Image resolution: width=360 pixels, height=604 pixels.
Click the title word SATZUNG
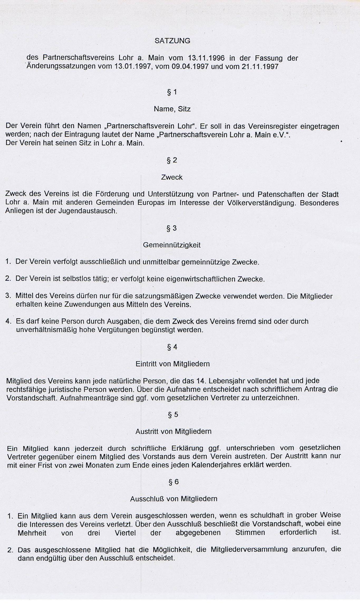click(172, 41)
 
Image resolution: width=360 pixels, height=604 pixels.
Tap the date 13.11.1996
click(206, 58)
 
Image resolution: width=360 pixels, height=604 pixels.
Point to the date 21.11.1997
click(260, 66)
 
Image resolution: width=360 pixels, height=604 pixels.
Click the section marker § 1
click(172, 92)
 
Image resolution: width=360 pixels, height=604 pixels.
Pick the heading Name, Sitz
click(172, 109)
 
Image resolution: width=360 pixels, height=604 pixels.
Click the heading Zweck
click(172, 177)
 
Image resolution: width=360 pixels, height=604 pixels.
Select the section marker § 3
click(172, 228)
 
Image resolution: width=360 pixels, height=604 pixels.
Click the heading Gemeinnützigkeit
click(172, 245)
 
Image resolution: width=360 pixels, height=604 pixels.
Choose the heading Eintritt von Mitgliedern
click(173, 364)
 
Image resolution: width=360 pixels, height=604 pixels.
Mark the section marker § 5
click(173, 415)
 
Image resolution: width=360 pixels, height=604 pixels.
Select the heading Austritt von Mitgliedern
click(173, 432)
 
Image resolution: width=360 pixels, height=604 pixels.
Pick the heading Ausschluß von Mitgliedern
click(174, 499)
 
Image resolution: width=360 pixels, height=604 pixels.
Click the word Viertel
click(125, 533)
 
